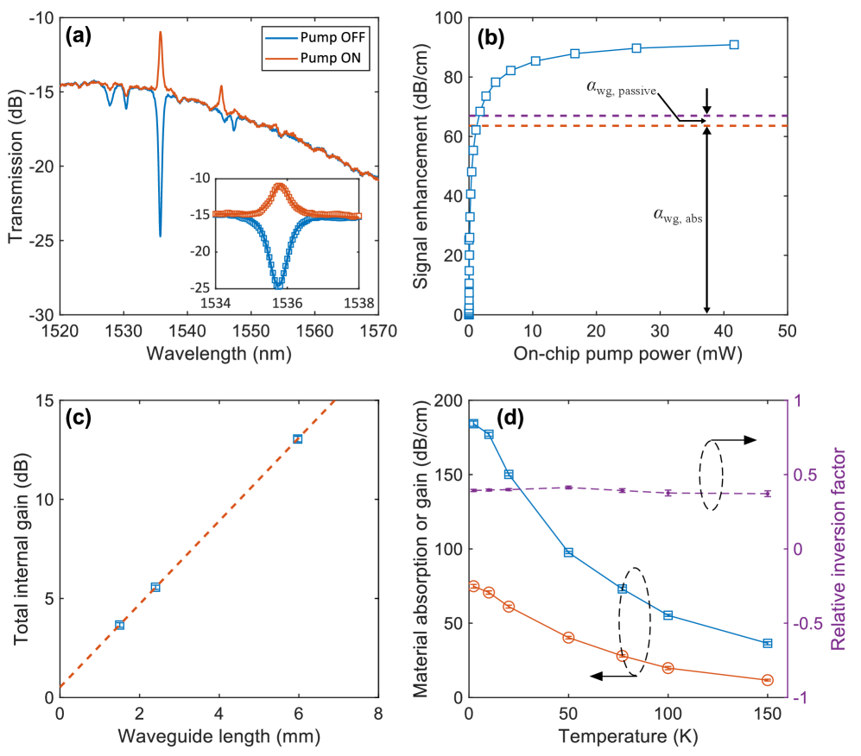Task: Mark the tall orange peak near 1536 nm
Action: click(160, 35)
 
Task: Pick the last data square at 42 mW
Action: click(734, 44)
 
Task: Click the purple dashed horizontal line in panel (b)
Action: click(605, 116)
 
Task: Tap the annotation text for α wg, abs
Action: click(678, 217)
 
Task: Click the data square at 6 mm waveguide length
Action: click(297, 438)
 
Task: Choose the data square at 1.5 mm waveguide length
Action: click(119, 625)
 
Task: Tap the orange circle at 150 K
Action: click(767, 680)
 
